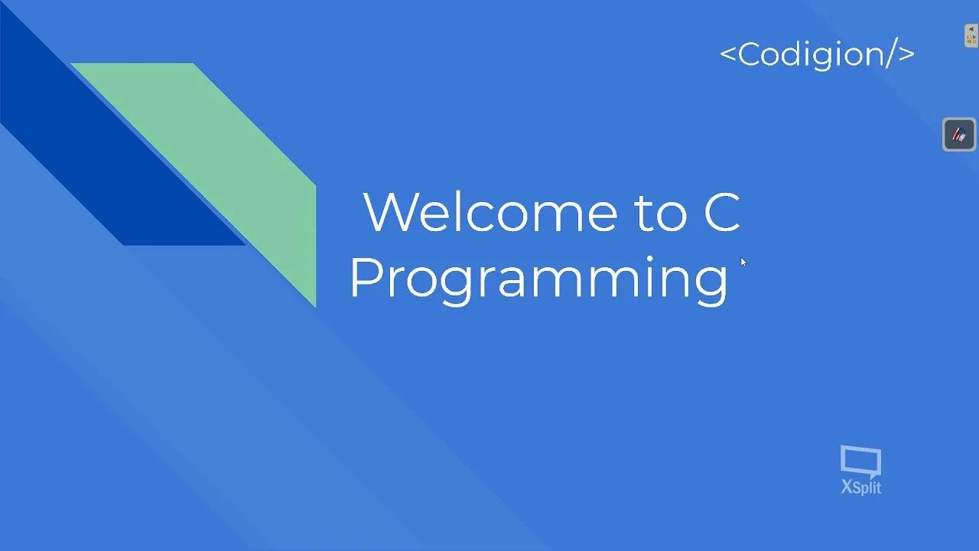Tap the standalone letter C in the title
tap(721, 212)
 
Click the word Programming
tap(538, 279)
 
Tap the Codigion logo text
tap(817, 54)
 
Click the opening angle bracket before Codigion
tap(728, 54)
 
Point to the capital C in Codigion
tap(750, 54)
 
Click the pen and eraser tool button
tap(959, 135)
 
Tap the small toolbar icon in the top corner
tap(971, 35)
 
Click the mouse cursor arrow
tap(743, 262)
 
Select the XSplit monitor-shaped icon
tap(860, 461)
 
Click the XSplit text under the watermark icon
tap(861, 487)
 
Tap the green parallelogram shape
tap(229, 153)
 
